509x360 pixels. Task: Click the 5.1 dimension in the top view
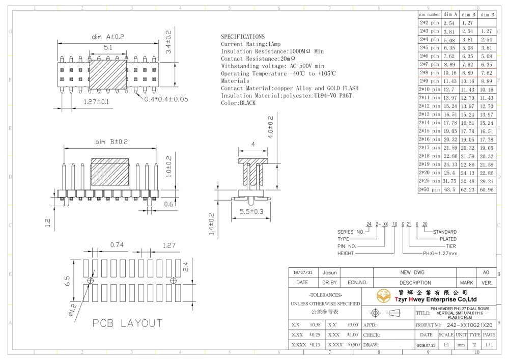[108, 47]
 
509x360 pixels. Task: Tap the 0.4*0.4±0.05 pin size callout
[166, 99]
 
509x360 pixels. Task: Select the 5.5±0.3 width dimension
[251, 212]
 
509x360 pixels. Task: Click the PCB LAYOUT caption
[127, 323]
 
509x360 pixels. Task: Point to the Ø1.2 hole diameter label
[72, 310]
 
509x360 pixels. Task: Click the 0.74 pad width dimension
[117, 245]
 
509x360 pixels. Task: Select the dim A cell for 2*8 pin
[450, 73]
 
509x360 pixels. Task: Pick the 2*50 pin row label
[429, 189]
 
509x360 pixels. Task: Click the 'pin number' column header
[429, 14]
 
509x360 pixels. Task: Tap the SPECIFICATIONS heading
[243, 37]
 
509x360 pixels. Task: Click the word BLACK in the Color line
[248, 103]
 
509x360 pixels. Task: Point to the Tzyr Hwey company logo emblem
[383, 296]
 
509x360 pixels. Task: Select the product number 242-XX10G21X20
[469, 325]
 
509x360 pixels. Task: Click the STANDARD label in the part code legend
[445, 232]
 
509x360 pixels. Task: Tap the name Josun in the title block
[329, 273]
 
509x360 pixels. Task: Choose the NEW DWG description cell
[412, 273]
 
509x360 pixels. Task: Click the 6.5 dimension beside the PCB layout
[67, 281]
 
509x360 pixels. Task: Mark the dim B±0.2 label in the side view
[111, 142]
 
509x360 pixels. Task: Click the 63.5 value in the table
[449, 189]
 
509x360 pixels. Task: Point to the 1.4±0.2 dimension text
[212, 224]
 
